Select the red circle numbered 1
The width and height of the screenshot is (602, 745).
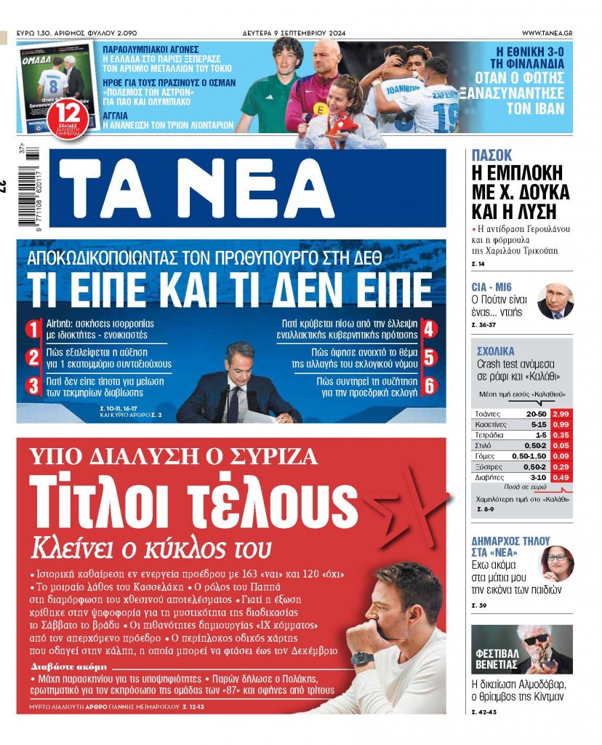tap(33, 330)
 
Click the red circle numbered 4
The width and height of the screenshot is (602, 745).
tap(430, 330)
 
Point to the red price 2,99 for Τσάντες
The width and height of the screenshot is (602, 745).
tap(561, 413)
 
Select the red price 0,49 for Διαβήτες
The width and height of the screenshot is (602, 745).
tap(561, 477)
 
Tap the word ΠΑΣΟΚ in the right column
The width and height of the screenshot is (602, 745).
tap(491, 155)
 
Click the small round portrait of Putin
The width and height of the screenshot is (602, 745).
tap(555, 300)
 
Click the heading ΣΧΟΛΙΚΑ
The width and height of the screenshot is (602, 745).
tap(496, 351)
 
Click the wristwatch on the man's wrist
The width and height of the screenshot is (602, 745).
tap(361, 659)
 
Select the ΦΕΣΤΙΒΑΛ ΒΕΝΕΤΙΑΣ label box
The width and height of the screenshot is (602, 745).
tap(497, 658)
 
